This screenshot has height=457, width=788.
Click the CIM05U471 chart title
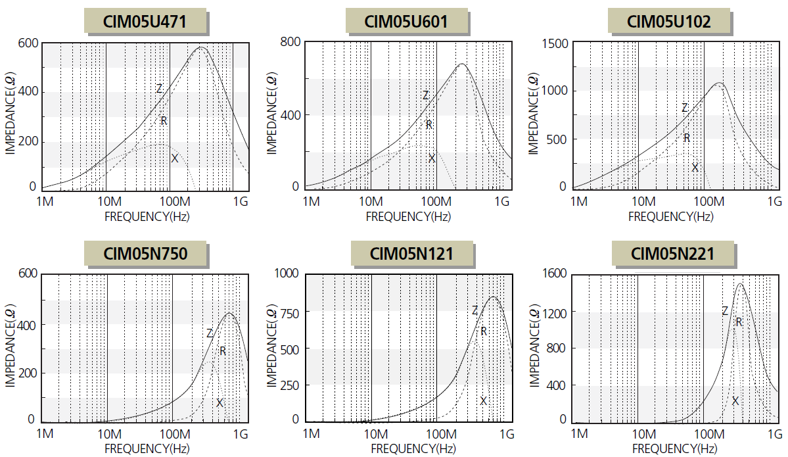145,21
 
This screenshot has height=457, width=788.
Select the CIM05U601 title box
406,21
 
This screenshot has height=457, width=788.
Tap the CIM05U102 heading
669,21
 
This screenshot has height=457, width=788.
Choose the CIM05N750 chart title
146,253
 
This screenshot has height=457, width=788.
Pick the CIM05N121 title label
411,253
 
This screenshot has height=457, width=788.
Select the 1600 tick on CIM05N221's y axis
554,274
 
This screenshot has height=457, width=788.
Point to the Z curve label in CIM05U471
159,89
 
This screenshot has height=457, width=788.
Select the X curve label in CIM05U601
432,158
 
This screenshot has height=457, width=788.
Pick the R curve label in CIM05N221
739,322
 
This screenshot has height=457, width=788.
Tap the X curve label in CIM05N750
220,402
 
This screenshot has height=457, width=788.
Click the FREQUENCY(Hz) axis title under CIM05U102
671,216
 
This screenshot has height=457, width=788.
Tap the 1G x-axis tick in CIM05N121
506,434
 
